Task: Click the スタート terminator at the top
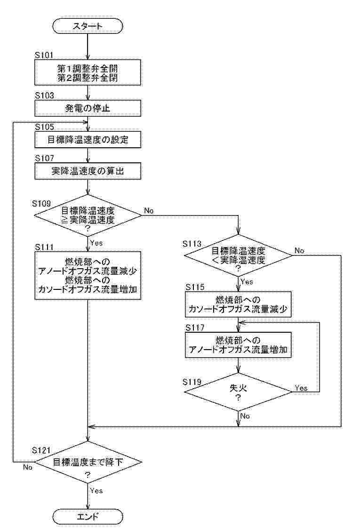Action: pyautogui.click(x=88, y=26)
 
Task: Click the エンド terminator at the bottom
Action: pyautogui.click(x=88, y=517)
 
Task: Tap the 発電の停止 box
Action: pyautogui.click(x=88, y=109)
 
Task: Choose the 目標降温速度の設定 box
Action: pyautogui.click(x=88, y=140)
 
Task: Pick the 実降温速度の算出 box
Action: pyautogui.click(x=88, y=171)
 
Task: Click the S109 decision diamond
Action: pyautogui.click(x=88, y=215)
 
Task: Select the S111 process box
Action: pyautogui.click(x=88, y=276)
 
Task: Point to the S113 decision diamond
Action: pyautogui.click(x=238, y=256)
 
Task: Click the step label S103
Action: pyautogui.click(x=45, y=95)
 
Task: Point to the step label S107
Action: pyautogui.click(x=45, y=158)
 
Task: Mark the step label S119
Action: pyautogui.click(x=192, y=380)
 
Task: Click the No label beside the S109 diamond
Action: pyautogui.click(x=149, y=211)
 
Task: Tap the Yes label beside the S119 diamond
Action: pyautogui.click(x=301, y=388)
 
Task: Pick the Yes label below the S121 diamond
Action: pyautogui.click(x=96, y=491)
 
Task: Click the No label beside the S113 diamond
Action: pyautogui.click(x=299, y=251)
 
